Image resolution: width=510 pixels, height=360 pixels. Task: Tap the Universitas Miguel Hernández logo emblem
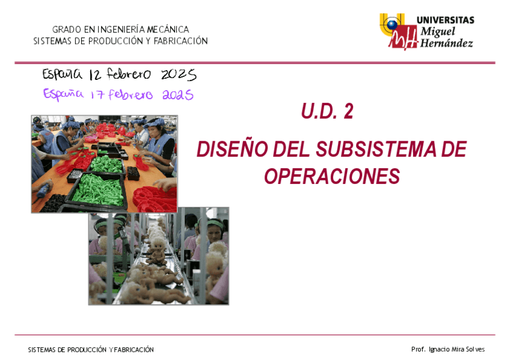(397, 31)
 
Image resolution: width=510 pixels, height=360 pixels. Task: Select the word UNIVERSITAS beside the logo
(444, 20)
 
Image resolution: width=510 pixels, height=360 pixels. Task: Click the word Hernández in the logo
(446, 43)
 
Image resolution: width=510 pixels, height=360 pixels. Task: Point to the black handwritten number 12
(95, 75)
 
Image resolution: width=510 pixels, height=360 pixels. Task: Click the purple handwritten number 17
(98, 95)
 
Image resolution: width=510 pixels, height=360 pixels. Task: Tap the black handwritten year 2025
(179, 75)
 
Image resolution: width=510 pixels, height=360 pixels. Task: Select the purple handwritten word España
(63, 94)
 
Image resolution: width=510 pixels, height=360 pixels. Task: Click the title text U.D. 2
(327, 112)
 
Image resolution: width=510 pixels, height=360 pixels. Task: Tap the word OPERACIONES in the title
(332, 177)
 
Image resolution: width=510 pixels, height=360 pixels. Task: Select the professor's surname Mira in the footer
(457, 349)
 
